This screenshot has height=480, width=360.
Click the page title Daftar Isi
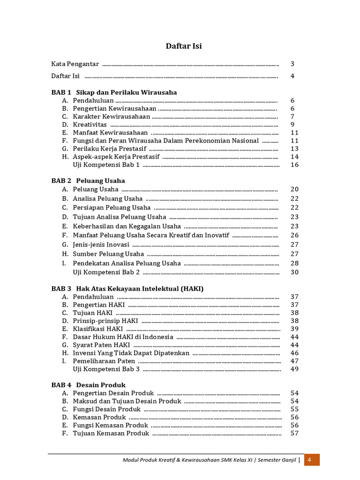(x=184, y=46)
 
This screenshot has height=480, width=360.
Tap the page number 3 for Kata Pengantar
(x=292, y=64)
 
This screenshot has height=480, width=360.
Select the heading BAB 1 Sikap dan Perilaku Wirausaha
(x=114, y=92)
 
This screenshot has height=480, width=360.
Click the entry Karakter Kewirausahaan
(x=112, y=117)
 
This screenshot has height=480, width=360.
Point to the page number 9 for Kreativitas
(x=292, y=125)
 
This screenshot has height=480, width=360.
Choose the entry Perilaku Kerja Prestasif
(x=110, y=149)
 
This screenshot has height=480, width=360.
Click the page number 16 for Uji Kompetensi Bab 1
(x=294, y=165)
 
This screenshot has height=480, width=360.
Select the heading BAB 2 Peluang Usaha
(x=88, y=180)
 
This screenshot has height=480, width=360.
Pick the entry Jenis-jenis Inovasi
(x=101, y=244)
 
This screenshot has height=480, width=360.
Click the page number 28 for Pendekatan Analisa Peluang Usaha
(x=294, y=263)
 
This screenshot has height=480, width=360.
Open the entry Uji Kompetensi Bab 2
(x=106, y=272)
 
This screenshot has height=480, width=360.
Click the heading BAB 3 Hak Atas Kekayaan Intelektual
(x=127, y=289)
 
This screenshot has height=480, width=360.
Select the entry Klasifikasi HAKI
(x=97, y=329)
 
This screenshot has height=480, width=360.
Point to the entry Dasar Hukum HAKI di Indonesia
(x=123, y=337)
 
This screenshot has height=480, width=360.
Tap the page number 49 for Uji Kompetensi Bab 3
(x=294, y=369)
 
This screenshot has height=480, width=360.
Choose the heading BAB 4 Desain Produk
(x=89, y=385)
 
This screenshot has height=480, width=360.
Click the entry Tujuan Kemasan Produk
(x=111, y=433)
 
